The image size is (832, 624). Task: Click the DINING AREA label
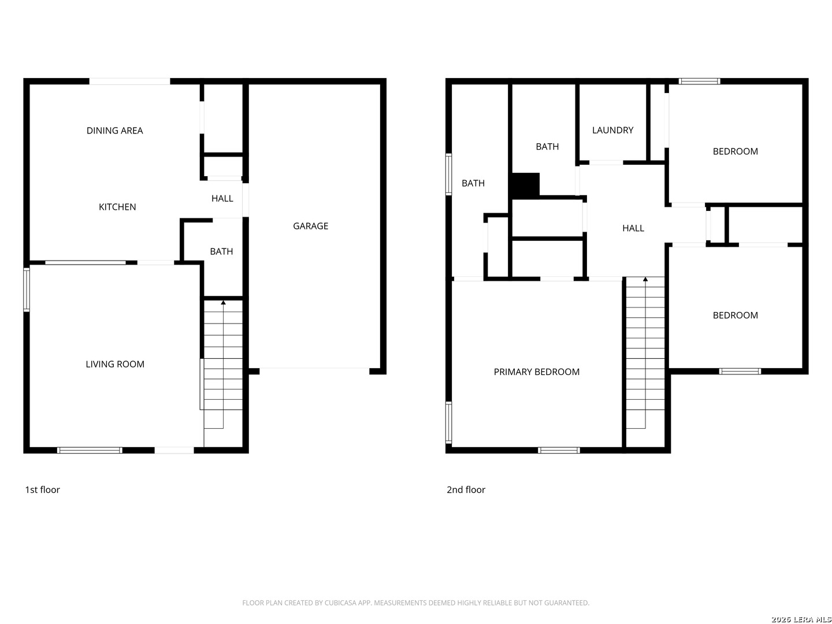coord(114,131)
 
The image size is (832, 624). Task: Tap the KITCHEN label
coord(117,207)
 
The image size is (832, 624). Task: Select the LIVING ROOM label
coord(115,364)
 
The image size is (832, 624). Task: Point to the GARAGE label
coord(310,226)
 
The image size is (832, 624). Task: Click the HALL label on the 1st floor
coord(222,199)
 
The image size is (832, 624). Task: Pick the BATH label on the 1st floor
coord(221,251)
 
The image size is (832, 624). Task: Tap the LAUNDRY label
coord(612,131)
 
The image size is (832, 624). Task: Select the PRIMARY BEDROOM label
coord(536,372)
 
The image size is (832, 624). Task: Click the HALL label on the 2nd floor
coord(633,228)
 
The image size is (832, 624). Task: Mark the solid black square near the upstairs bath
coord(525,185)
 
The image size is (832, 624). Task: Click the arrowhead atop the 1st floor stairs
coord(223,302)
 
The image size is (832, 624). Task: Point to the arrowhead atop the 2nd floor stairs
coord(645,279)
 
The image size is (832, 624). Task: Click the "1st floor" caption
coord(42,490)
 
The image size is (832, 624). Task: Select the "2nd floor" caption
coord(466,490)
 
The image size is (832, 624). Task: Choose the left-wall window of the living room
coord(27,290)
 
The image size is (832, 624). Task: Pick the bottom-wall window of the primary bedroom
coord(559,450)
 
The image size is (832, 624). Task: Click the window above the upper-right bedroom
coord(699,81)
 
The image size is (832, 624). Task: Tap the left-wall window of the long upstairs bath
coord(449,174)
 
